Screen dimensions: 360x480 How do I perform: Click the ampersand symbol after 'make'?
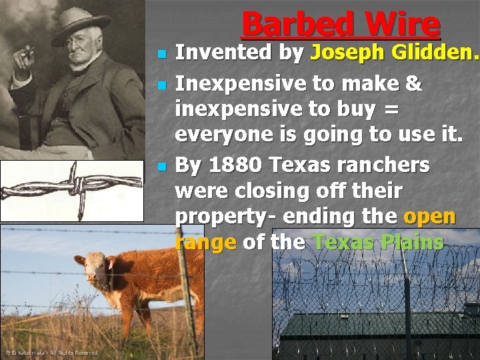pyautogui.click(x=413, y=83)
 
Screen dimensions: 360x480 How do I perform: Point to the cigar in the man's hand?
pyautogui.click(x=27, y=50)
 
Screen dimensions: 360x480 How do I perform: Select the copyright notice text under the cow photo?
pyautogui.click(x=52, y=352)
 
